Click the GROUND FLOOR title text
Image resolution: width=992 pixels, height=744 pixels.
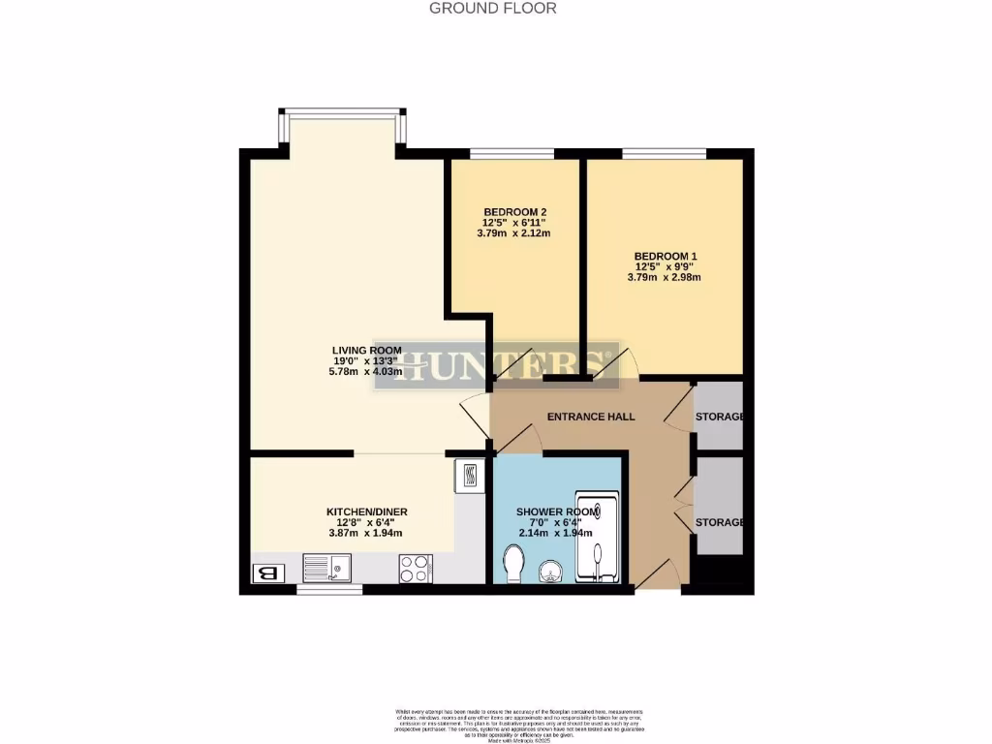tap(492, 9)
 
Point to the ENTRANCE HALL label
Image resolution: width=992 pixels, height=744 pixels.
tap(591, 417)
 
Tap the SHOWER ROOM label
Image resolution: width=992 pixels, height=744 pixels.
tap(549, 511)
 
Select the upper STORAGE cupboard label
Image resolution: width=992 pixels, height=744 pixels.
tap(719, 418)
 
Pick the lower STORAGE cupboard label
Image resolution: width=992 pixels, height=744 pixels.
tap(719, 522)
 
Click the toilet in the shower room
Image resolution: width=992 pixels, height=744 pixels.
tap(514, 563)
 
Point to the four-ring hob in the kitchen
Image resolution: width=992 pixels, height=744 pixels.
tap(416, 568)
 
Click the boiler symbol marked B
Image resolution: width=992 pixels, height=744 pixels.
tap(267, 573)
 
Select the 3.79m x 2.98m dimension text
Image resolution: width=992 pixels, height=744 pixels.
tap(664, 278)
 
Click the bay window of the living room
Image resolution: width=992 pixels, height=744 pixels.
tap(341, 112)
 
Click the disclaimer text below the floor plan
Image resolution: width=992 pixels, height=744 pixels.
tap(519, 723)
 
